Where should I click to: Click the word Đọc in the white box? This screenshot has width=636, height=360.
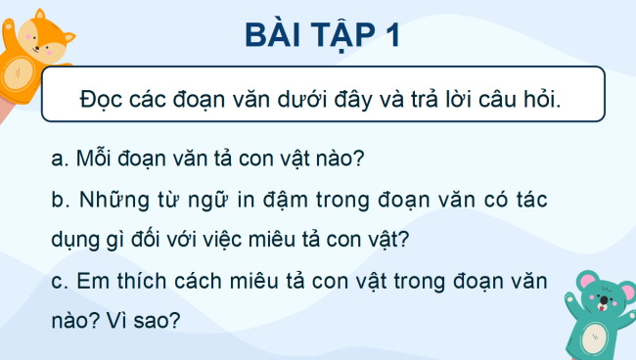103,102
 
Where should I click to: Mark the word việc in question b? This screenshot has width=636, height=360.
235,239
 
